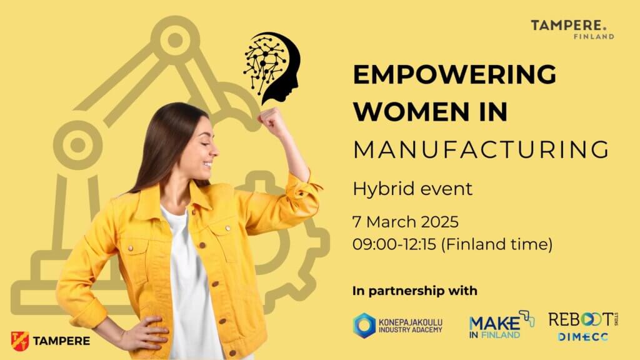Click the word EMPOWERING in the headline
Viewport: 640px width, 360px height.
point(455,74)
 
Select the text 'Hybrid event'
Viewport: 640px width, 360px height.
point(412,189)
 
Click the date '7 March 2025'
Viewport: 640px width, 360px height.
point(406,222)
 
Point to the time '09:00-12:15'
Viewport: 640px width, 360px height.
point(395,244)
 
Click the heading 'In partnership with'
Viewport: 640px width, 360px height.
point(415,291)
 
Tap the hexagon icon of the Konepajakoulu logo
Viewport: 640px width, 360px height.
point(364,325)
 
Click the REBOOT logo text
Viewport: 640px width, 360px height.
point(583,319)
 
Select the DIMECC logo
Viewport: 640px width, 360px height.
point(583,337)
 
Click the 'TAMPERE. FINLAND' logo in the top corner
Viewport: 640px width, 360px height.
point(572,29)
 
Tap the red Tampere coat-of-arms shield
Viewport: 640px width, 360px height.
point(20,341)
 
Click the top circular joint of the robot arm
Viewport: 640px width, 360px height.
point(175,40)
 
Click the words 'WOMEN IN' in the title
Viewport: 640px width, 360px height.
point(430,112)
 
